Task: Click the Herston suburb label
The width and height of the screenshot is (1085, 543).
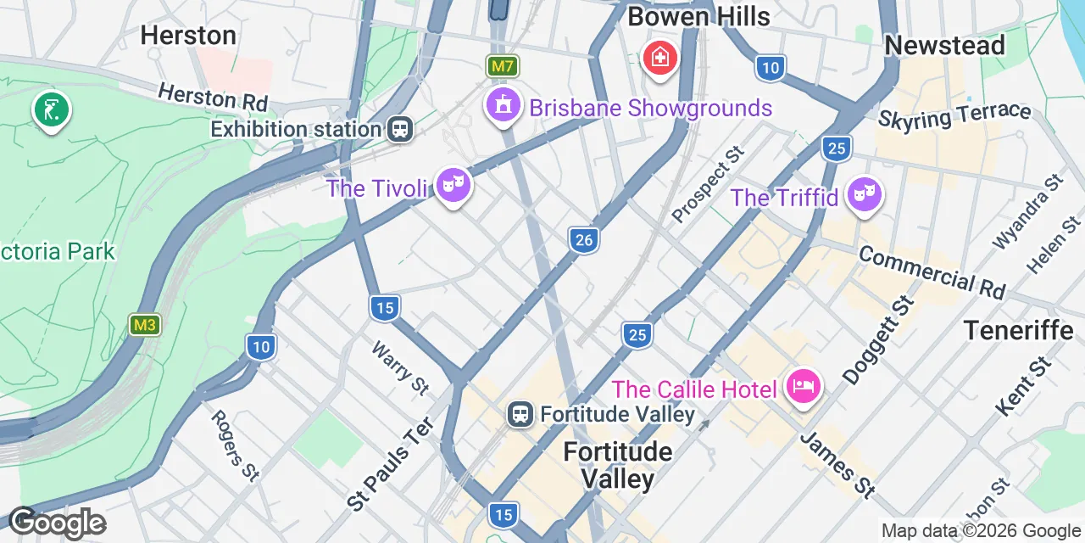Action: pos(188,35)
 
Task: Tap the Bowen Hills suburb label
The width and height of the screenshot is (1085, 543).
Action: pos(698,15)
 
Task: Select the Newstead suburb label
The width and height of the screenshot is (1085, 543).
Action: pos(944,45)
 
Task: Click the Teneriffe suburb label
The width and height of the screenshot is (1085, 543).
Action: pos(1018,330)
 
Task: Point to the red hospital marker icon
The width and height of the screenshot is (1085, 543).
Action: pos(659,59)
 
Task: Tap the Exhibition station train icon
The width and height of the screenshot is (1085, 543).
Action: pos(399,130)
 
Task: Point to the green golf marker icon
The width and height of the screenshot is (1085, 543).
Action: pos(52,110)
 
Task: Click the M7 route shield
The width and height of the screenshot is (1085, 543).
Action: pos(502,65)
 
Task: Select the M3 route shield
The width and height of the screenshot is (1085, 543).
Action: pos(145,325)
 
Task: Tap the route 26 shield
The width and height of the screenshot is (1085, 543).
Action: pos(583,240)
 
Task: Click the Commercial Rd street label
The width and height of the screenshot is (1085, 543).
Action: pos(931,272)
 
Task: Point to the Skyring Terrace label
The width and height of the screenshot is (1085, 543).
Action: pos(954,117)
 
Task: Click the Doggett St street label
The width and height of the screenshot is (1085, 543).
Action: pos(879,339)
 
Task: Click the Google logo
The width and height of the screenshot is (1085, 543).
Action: pos(57,523)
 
